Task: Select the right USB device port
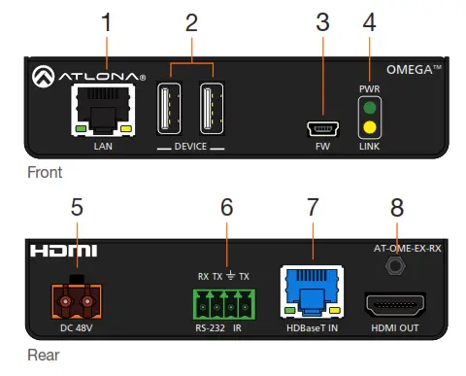pyautogui.click(x=212, y=107)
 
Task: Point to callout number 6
pyautogui.click(x=226, y=207)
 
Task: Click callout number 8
pyautogui.click(x=395, y=207)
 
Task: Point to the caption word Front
pyautogui.click(x=45, y=173)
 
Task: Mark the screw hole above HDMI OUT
pyautogui.click(x=395, y=265)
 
